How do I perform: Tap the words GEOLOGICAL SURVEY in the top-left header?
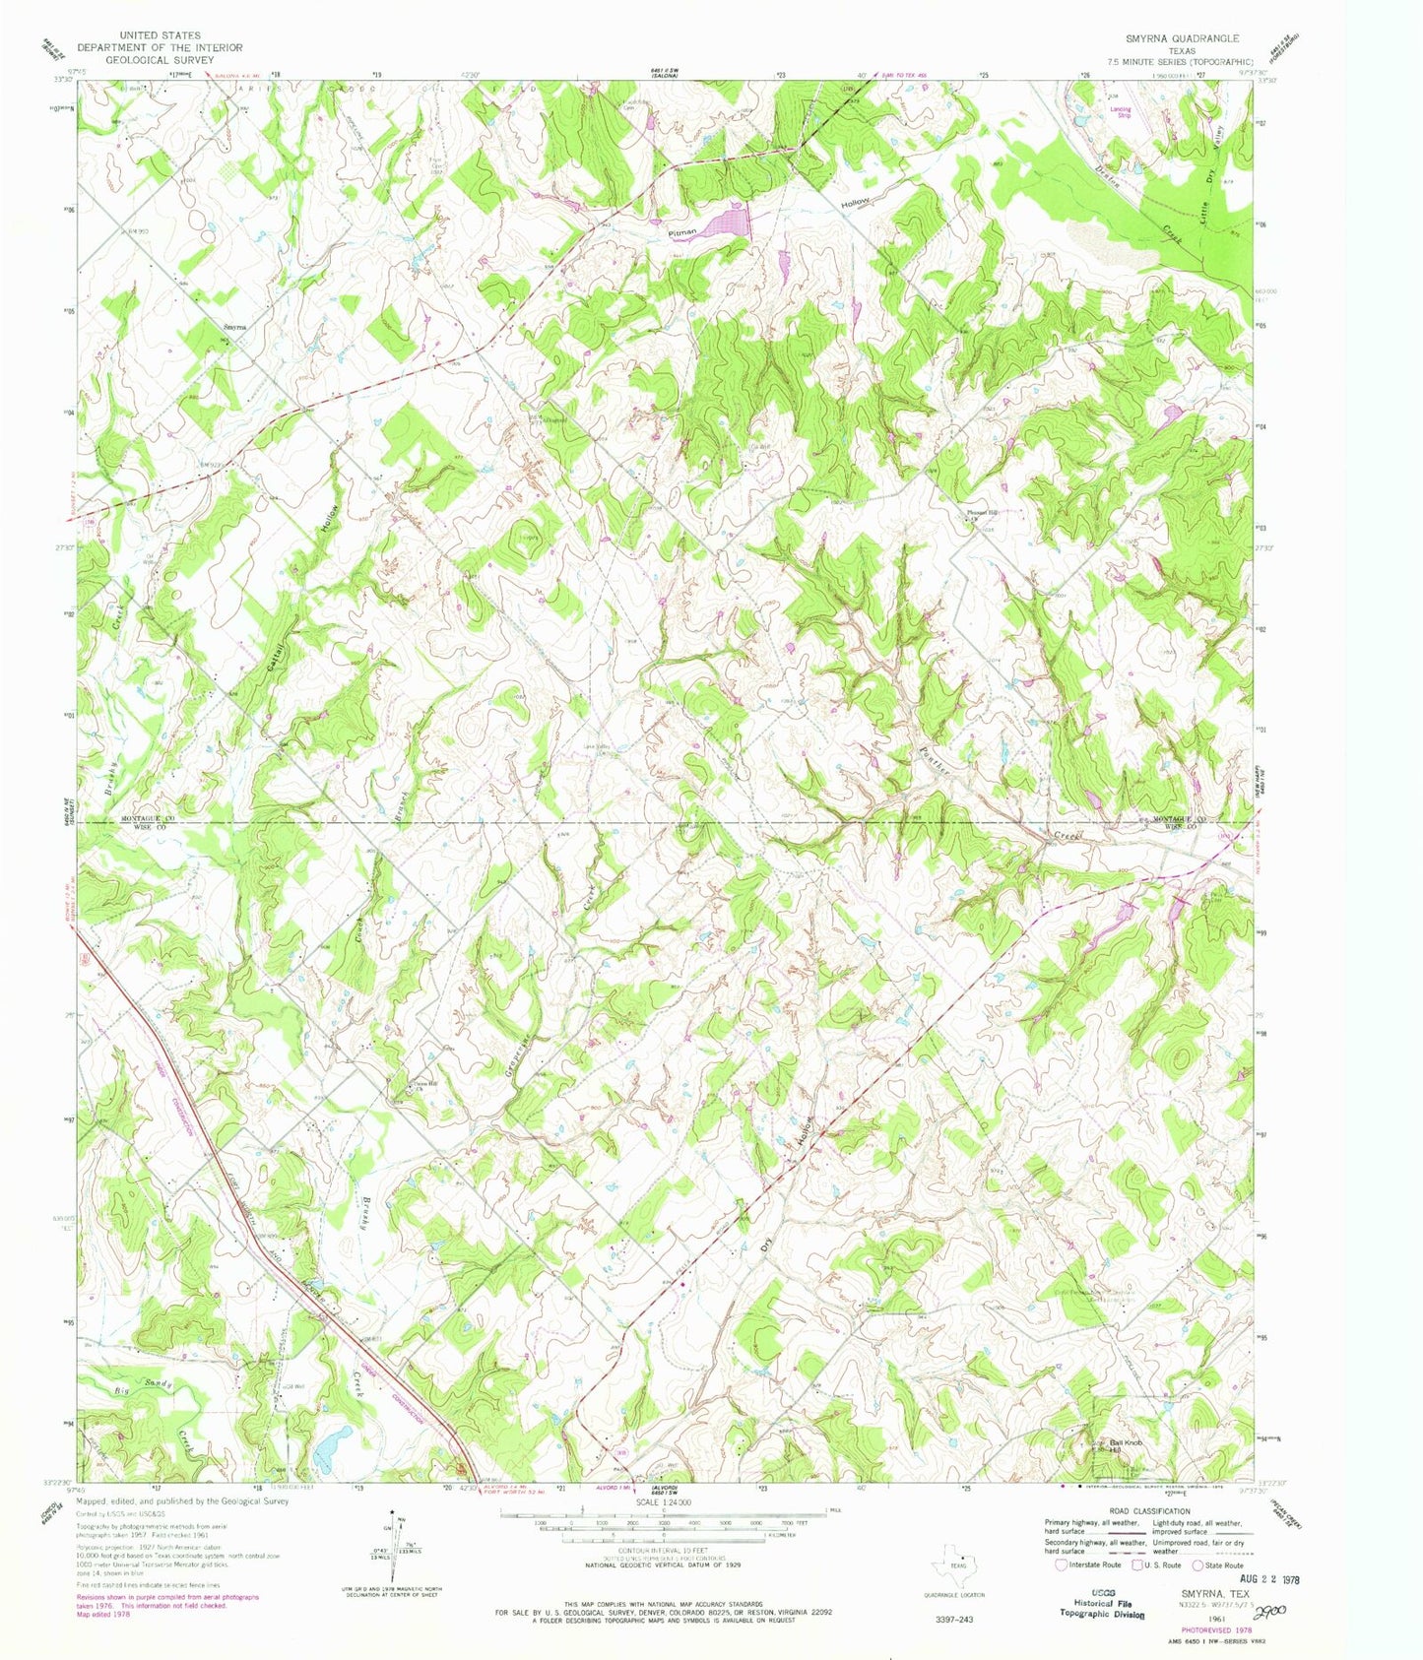tap(160, 59)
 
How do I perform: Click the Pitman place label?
tap(682, 232)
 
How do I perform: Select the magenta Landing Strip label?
tap(1121, 112)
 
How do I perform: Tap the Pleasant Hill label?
tap(980, 513)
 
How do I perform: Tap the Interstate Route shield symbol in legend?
tap(1060, 1564)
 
